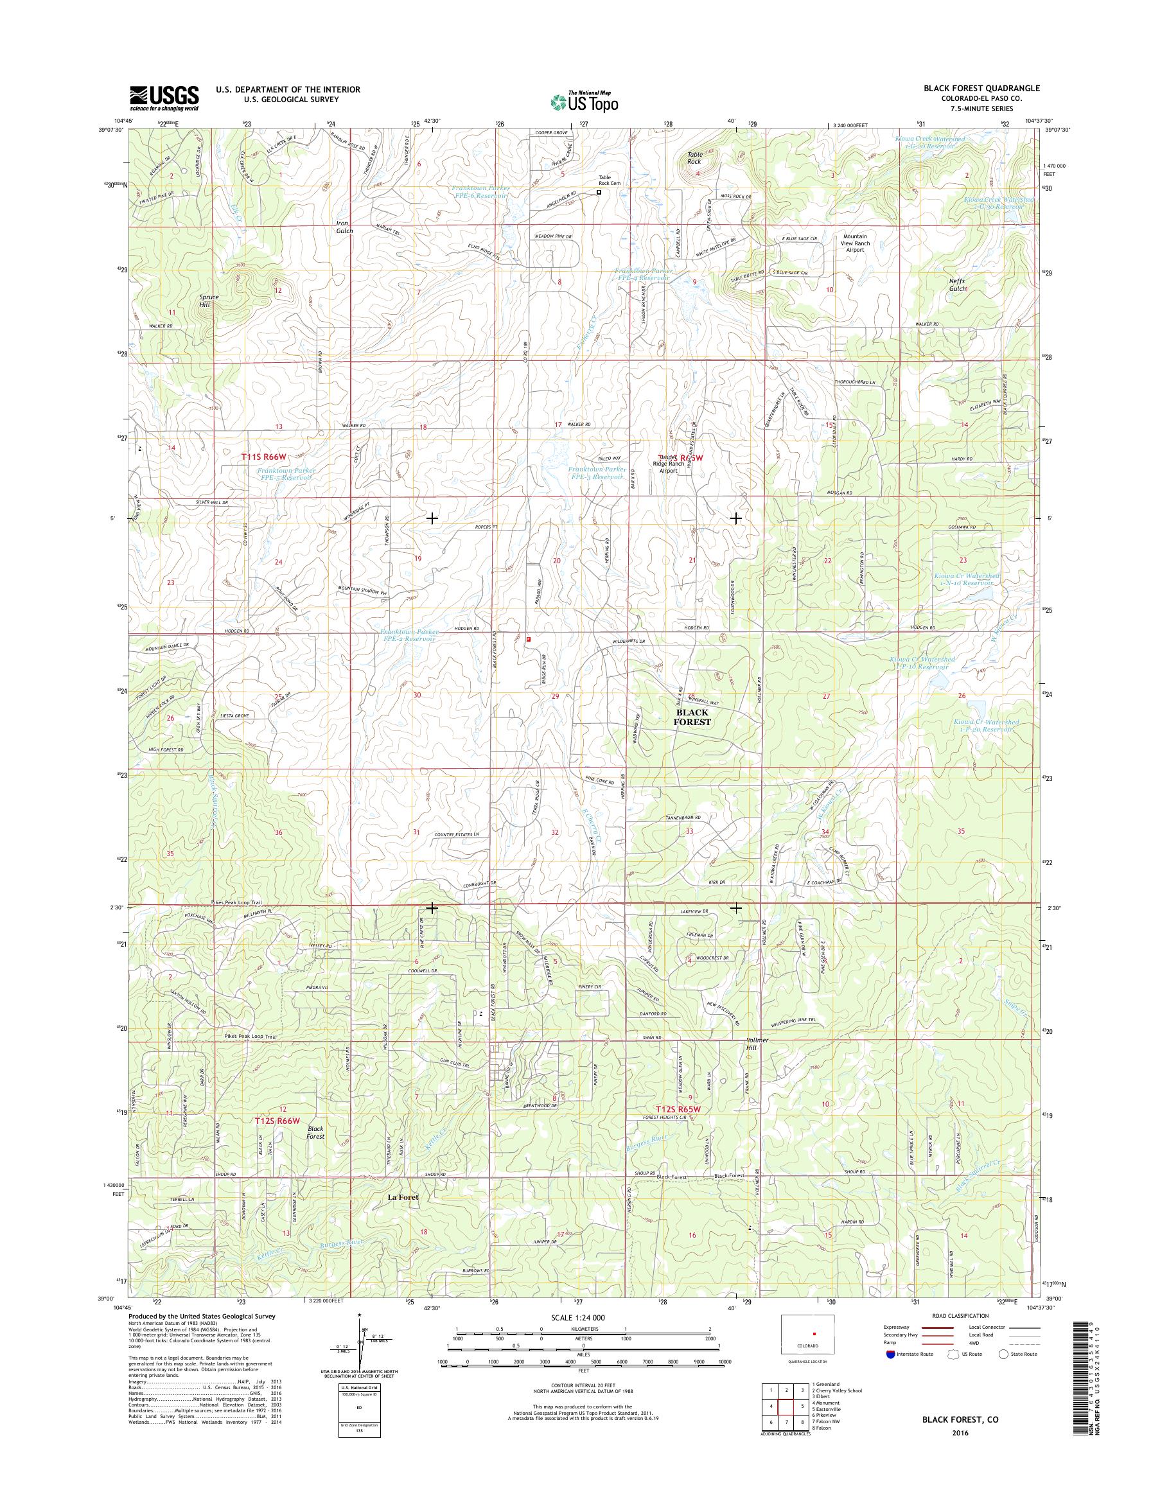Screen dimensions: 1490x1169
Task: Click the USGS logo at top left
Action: click(x=164, y=98)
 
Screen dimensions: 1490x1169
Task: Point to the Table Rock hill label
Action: click(x=695, y=158)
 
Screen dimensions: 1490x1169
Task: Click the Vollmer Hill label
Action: click(x=752, y=1044)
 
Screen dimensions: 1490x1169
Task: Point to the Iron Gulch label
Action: click(x=344, y=227)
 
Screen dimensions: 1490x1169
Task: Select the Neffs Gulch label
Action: click(x=957, y=285)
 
